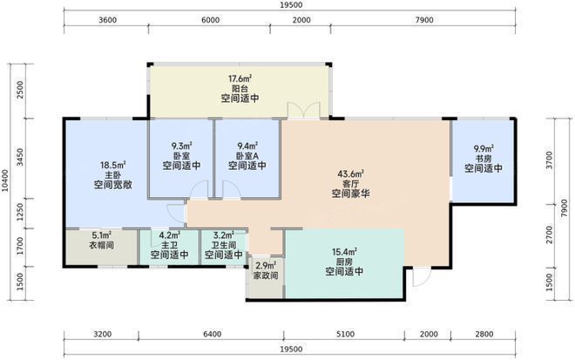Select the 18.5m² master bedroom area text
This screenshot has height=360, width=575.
click(x=112, y=163)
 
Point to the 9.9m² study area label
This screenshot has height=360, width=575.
click(x=484, y=148)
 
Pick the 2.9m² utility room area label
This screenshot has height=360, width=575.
click(x=265, y=265)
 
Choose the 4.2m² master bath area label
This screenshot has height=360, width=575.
click(x=169, y=234)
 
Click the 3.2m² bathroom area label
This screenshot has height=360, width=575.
click(x=224, y=234)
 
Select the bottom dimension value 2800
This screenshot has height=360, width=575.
click(x=490, y=333)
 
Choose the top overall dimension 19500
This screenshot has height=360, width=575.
click(x=291, y=7)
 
